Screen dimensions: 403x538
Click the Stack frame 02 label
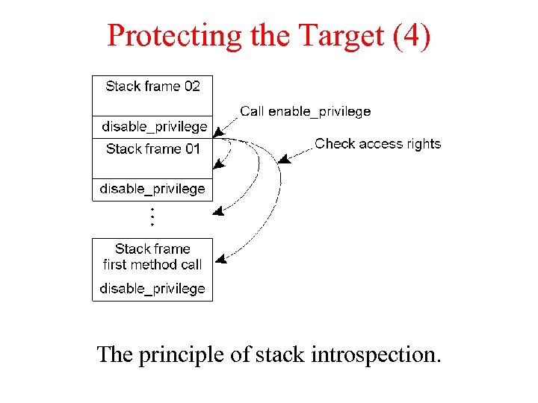point(152,87)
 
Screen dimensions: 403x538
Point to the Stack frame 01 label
point(152,149)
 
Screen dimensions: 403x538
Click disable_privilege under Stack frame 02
point(154,127)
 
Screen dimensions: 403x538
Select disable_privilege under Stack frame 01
point(152,190)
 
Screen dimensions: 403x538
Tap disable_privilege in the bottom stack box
point(152,289)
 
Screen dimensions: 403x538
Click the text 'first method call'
point(152,265)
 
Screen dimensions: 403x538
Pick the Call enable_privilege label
point(305,112)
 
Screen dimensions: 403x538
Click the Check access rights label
point(377,144)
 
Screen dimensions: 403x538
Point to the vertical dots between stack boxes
point(152,216)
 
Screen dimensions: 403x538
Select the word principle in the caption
point(182,354)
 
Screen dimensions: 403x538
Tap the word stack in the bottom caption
point(279,354)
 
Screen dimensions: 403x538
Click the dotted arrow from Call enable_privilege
point(226,123)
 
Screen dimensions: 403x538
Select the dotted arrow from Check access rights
point(295,154)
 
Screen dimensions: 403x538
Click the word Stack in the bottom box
point(132,249)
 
